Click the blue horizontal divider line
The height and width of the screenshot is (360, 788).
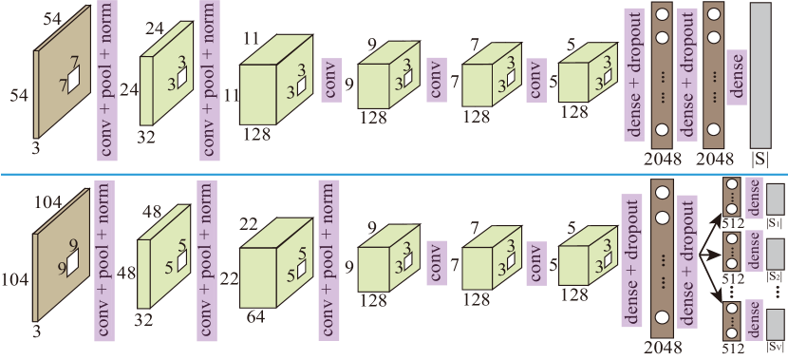(394, 174)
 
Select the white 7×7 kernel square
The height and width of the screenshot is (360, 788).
(69, 79)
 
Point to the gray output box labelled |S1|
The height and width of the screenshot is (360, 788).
(776, 198)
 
